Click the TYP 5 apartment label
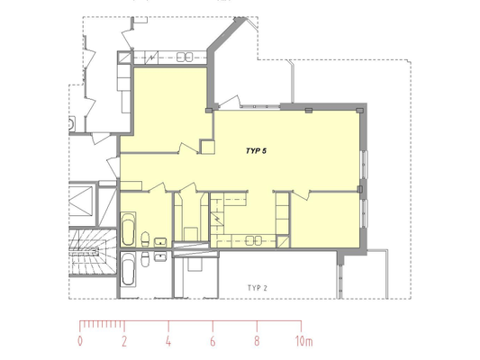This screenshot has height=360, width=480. coord(257,151)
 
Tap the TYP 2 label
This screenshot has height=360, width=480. coord(258,288)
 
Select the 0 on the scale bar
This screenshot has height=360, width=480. coord(80,341)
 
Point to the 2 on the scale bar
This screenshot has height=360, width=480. coord(124,341)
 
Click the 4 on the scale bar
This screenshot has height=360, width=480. coord(168,341)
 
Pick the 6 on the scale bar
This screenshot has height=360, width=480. coord(213,341)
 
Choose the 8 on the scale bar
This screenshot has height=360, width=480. coord(257,341)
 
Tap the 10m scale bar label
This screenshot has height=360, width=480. coord(304,341)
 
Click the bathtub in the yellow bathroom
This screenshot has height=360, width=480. coord(128,229)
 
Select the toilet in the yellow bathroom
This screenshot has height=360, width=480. coord(145,238)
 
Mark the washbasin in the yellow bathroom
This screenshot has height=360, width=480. coord(160,242)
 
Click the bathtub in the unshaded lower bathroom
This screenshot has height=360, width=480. coord(128,269)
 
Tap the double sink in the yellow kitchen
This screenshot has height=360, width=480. coord(254,240)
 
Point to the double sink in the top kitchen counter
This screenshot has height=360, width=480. coord(185,57)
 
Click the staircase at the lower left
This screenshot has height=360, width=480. coord(93,251)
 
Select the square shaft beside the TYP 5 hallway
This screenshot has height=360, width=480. coord(207,147)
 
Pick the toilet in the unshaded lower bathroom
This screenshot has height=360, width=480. coord(145,259)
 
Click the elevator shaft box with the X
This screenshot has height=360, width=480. coord(80,201)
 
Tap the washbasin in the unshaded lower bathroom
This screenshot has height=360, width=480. coord(160,256)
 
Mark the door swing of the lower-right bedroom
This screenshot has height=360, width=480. coord(301,194)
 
